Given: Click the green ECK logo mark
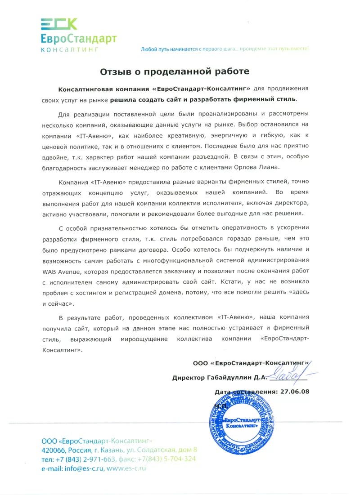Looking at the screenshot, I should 58,24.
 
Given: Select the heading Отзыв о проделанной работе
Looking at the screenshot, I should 174,71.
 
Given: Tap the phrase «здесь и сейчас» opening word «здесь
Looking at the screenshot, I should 298,293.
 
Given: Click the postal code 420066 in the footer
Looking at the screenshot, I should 54,450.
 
